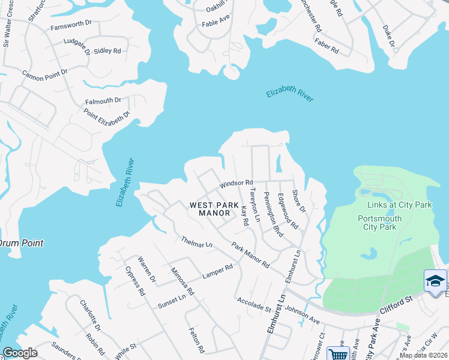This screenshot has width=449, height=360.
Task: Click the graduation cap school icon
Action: (435, 281)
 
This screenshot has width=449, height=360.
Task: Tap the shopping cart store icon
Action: (339, 354)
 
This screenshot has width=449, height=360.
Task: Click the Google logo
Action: (20, 353)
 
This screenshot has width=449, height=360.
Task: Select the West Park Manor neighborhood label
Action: (210, 209)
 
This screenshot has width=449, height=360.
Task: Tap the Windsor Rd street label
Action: (236, 183)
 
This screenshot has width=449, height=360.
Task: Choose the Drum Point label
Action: (21, 243)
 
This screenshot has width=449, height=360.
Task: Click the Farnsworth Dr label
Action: (70, 28)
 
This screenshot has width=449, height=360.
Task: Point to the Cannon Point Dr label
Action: (45, 74)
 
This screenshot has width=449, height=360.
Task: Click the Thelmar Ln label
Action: (197, 242)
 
